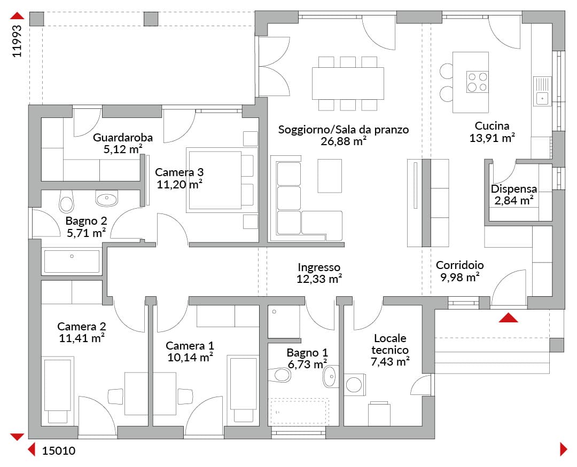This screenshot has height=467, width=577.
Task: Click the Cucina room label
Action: tap(492, 126)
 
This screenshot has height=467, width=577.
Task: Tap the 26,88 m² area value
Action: tap(344, 141)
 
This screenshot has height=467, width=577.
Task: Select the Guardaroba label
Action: tap(122, 138)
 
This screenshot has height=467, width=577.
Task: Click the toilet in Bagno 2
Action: tap(67, 201)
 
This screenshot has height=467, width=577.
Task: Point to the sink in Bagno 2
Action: tap(107, 198)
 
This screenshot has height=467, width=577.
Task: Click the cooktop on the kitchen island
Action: tap(477, 82)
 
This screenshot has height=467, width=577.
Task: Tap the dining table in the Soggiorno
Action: tap(348, 83)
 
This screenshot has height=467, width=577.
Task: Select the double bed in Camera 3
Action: tap(221, 180)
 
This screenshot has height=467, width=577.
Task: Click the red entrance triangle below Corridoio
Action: tap(508, 318)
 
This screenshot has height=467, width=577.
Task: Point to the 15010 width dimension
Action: tap(59, 451)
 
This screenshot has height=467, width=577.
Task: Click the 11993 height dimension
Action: tap(17, 41)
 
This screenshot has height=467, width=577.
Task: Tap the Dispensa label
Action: tap(514, 189)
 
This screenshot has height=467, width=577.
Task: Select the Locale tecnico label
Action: tap(390, 344)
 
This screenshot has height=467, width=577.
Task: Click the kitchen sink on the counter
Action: tap(542, 91)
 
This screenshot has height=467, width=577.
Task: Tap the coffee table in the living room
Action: tap(330, 176)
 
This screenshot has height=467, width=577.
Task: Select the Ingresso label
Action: tap(319, 267)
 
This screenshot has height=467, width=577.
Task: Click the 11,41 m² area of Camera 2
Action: tap(82, 338)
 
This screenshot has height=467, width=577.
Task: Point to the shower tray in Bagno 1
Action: tap(284, 322)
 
